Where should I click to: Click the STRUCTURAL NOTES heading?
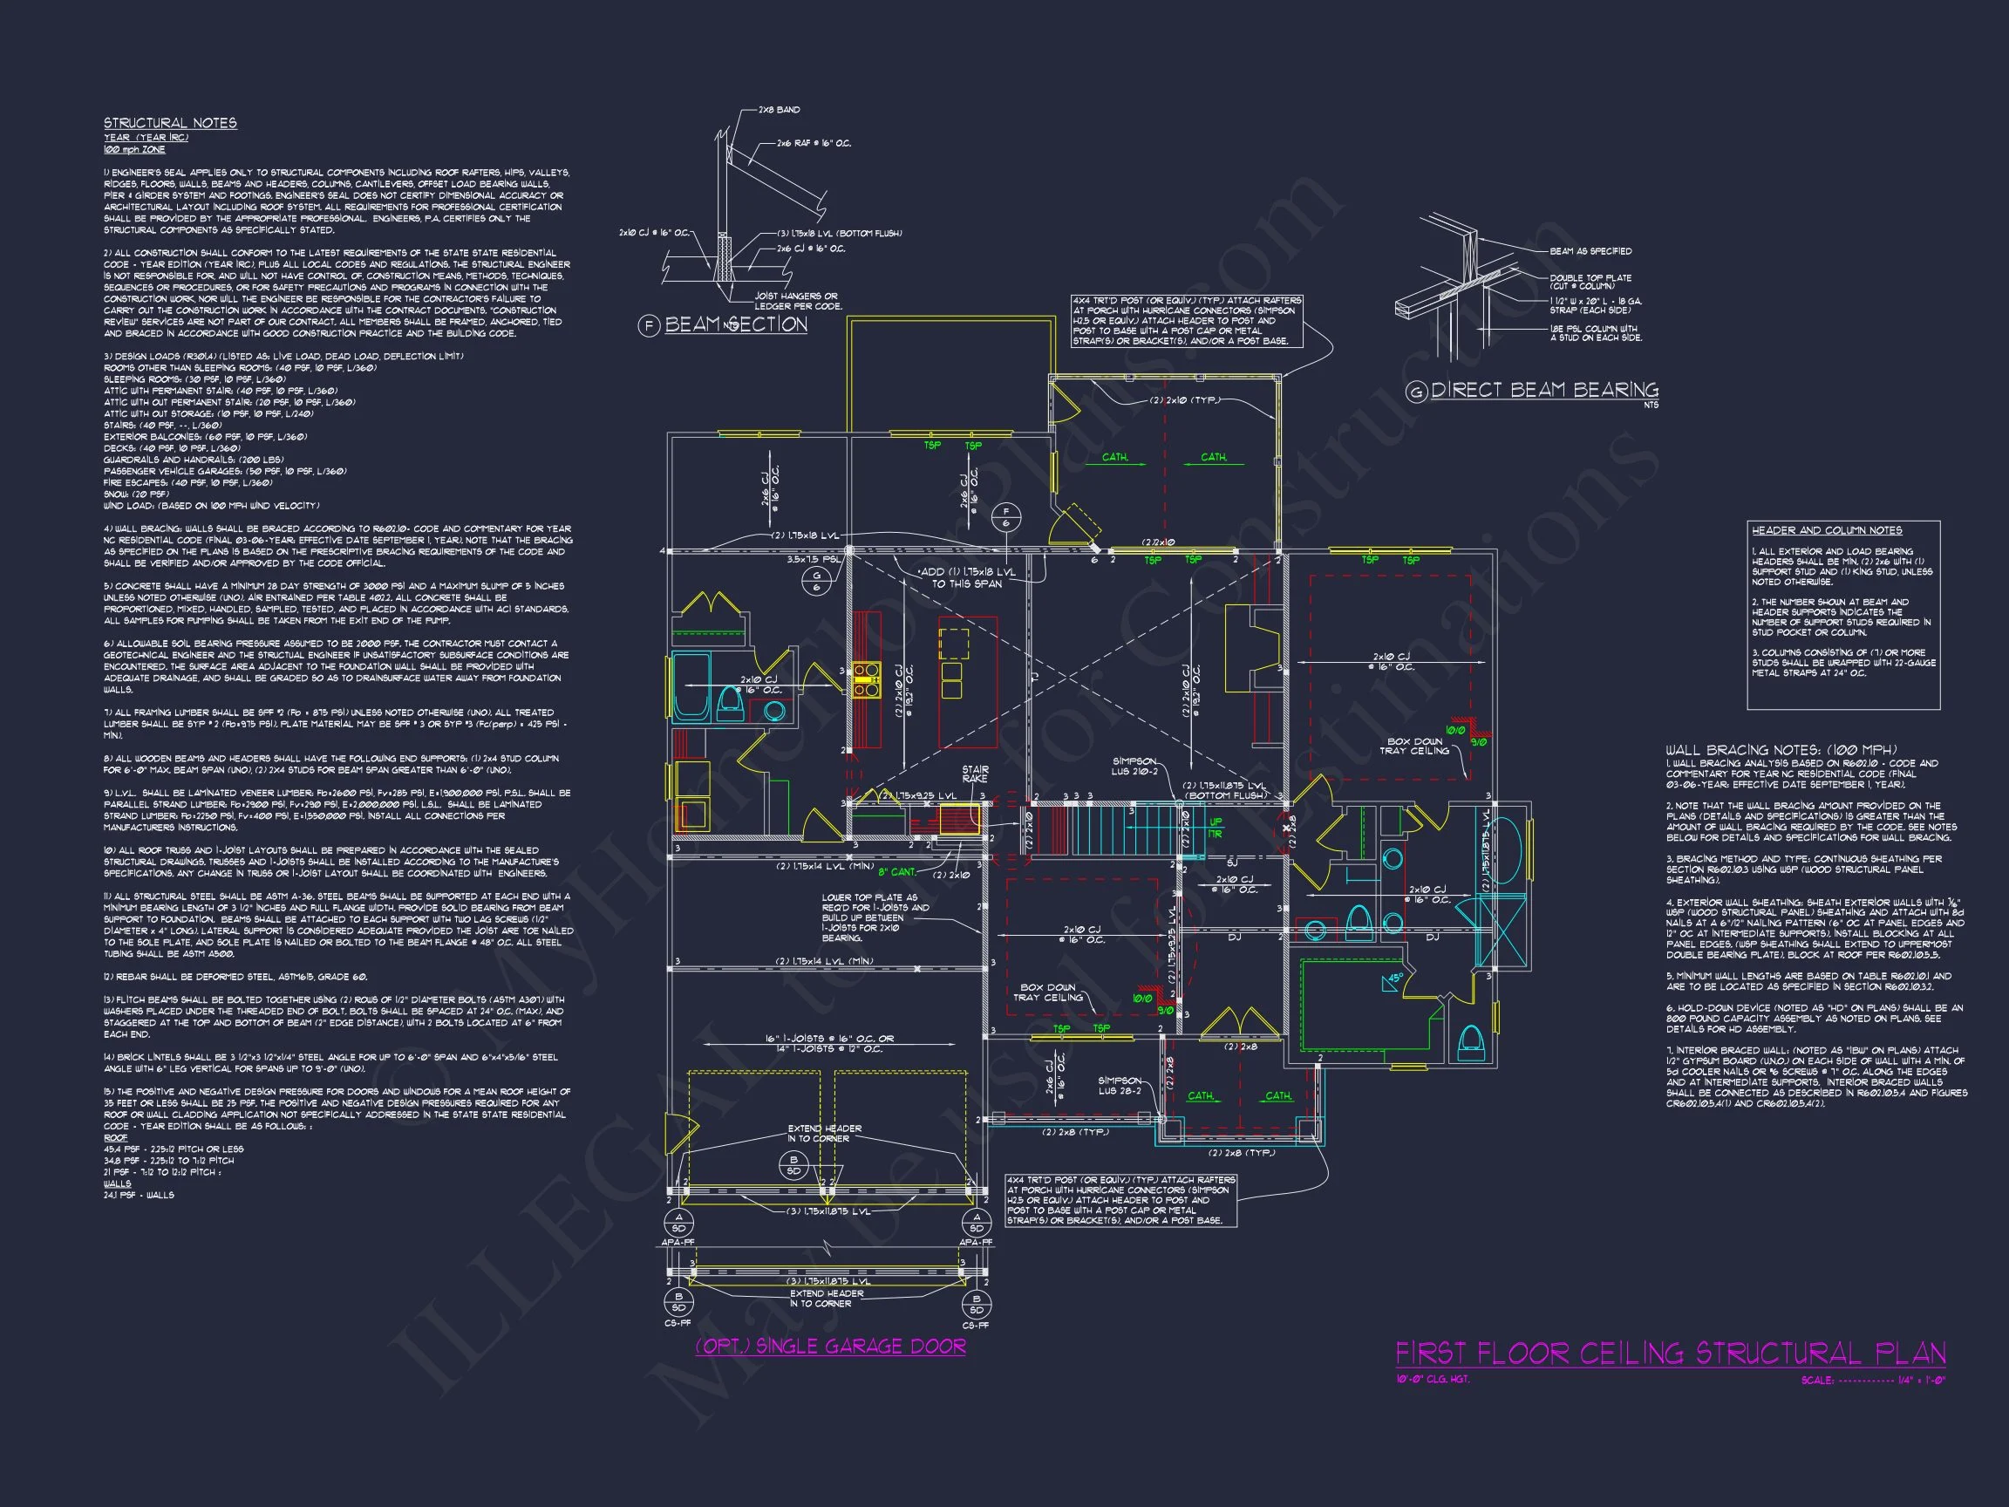pos(170,123)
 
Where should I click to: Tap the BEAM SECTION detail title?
pos(736,324)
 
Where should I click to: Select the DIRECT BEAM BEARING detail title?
pos(1544,390)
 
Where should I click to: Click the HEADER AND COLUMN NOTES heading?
pos(1827,530)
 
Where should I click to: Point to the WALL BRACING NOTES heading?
pos(1781,749)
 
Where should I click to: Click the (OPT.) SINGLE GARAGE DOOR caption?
pos(830,1347)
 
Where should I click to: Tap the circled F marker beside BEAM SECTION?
pos(649,325)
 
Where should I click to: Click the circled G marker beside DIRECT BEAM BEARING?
pos(1416,392)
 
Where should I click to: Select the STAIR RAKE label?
pos(976,774)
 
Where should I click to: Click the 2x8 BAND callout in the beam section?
pos(780,110)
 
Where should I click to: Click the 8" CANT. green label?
pos(897,872)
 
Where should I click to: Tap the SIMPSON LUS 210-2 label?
pos(1135,766)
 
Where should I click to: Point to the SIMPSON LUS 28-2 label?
pos(1120,1086)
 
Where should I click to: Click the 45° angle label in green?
pos(1393,979)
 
